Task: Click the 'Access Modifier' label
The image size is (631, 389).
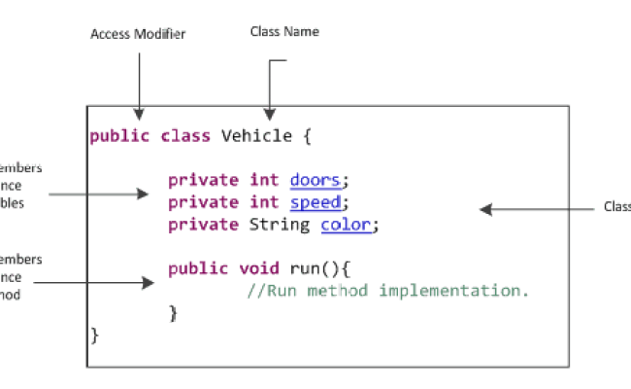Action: coord(138,34)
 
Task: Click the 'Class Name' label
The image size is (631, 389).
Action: coord(284,32)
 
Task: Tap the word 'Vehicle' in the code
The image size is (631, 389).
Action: coord(256,136)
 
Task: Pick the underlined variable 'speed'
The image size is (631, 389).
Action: coord(315,202)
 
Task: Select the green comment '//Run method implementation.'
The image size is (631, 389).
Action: coord(387,291)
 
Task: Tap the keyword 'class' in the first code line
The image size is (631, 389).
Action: coord(184,136)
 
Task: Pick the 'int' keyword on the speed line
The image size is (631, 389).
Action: coord(261,202)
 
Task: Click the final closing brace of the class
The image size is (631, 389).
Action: coord(95,335)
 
